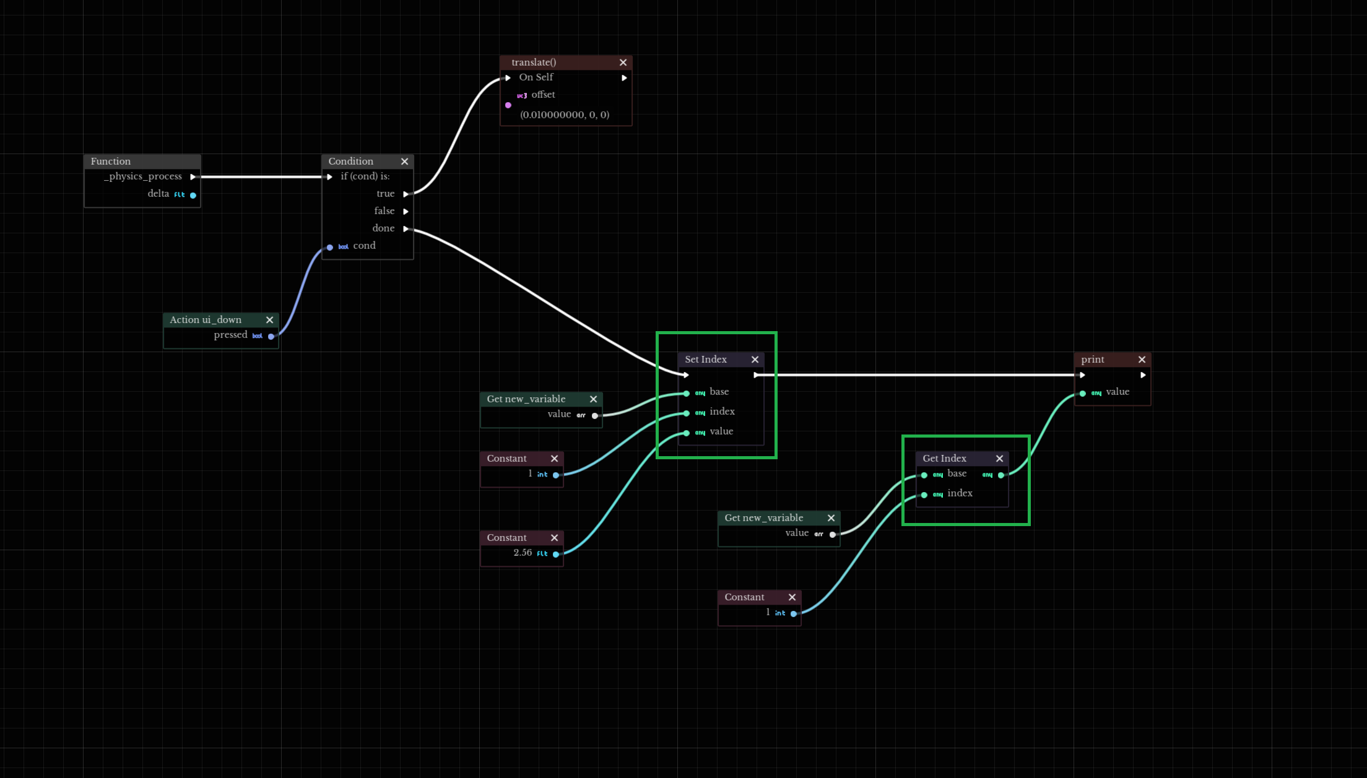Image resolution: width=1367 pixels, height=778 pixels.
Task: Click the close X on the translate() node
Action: [623, 63]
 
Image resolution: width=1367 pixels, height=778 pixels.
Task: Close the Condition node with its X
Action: [404, 162]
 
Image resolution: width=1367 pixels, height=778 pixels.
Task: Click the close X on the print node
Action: [1142, 360]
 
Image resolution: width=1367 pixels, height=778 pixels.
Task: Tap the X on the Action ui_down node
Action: [269, 320]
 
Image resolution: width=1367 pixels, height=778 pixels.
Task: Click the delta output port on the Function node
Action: [193, 195]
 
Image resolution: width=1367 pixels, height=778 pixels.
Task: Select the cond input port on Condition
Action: [330, 247]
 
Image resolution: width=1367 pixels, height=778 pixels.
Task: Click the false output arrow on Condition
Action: [406, 212]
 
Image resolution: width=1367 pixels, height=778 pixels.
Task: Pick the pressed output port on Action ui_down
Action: [271, 336]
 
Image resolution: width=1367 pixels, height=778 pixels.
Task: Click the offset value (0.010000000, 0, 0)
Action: [564, 115]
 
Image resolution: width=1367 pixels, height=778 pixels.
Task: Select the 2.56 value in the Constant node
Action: [522, 553]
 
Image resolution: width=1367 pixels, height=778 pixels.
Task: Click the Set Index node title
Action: [705, 360]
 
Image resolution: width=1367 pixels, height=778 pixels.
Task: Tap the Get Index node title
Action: [944, 459]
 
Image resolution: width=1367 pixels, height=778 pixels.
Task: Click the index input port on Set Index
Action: [687, 413]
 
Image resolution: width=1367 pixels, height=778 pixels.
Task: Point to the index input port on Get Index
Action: [924, 495]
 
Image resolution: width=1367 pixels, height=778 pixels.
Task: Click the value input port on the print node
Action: [1083, 393]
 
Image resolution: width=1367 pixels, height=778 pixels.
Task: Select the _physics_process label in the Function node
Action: [143, 176]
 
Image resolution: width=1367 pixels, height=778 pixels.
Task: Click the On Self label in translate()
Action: [536, 77]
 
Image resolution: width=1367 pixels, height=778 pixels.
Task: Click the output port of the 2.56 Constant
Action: [556, 554]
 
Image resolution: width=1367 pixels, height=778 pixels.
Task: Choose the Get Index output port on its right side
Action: [1001, 475]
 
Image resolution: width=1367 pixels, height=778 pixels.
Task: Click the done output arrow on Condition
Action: [406, 229]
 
